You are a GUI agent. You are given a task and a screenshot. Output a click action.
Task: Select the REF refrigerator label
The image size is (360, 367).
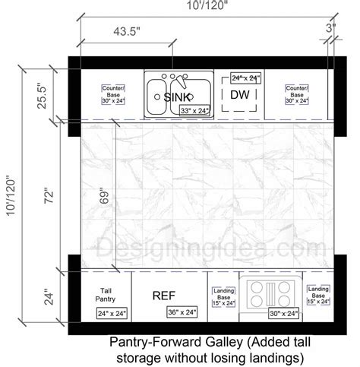tap(169, 295)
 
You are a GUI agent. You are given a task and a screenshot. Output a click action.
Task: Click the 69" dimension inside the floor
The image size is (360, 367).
tap(104, 195)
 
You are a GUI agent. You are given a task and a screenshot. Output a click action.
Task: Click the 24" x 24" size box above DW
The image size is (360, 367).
tap(245, 78)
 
